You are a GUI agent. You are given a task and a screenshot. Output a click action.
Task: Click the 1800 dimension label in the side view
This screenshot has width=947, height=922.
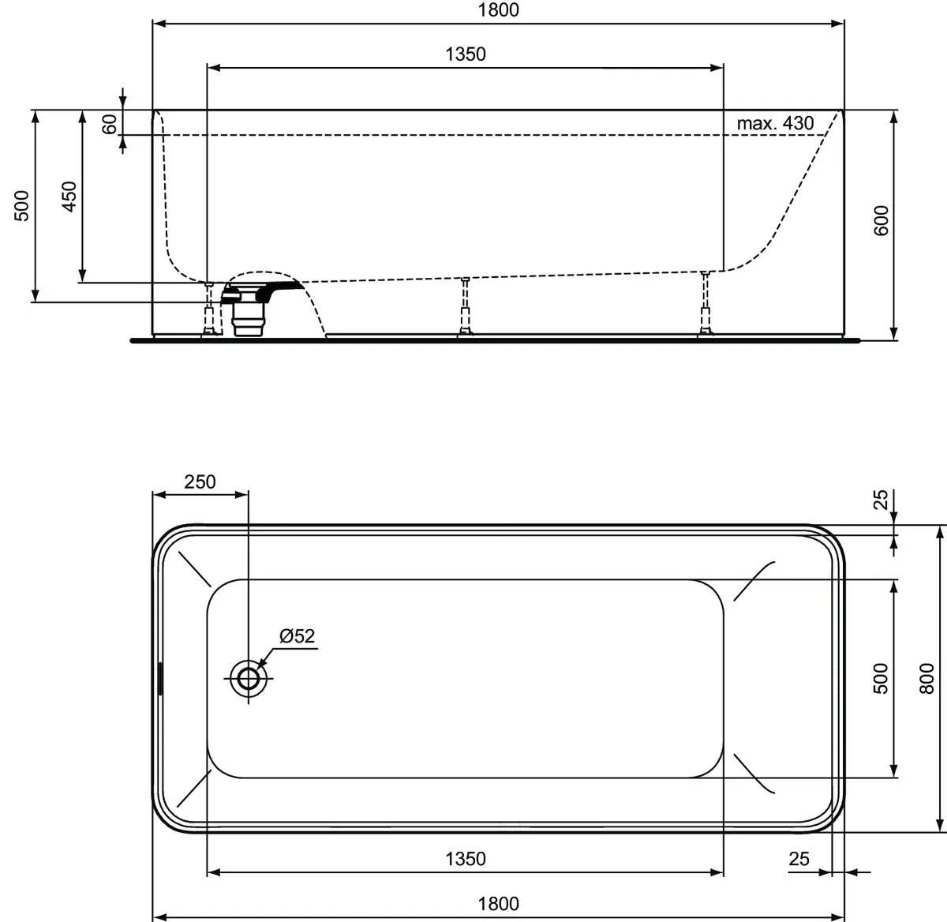pyautogui.click(x=498, y=10)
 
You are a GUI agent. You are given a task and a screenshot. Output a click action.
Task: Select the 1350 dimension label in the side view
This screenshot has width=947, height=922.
pyautogui.click(x=466, y=54)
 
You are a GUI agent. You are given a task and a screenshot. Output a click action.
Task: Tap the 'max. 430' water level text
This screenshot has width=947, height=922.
pyautogui.click(x=774, y=123)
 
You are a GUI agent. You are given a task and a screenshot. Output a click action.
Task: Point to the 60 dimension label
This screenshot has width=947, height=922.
pyautogui.click(x=110, y=123)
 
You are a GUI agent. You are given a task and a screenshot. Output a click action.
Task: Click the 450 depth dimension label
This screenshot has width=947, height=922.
pyautogui.click(x=69, y=196)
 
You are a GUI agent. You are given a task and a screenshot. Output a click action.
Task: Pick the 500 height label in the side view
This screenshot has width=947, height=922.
pyautogui.click(x=23, y=205)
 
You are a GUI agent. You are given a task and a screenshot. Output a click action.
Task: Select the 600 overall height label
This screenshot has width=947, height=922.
pyautogui.click(x=881, y=219)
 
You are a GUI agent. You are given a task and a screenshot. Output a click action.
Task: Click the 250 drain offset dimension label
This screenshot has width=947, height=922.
pyautogui.click(x=200, y=482)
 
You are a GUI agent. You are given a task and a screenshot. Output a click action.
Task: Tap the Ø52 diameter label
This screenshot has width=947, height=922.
pyautogui.click(x=297, y=635)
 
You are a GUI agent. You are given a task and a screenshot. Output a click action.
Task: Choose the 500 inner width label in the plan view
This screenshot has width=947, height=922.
pyautogui.click(x=881, y=678)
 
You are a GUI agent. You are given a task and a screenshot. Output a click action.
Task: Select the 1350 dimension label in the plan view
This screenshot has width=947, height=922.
pyautogui.click(x=466, y=858)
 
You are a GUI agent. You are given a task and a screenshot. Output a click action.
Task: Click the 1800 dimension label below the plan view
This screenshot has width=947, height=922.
pyautogui.click(x=498, y=904)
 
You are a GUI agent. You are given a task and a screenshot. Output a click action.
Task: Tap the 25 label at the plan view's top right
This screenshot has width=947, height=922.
pyautogui.click(x=881, y=499)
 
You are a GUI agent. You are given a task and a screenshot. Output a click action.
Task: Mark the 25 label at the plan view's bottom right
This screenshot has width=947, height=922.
pyautogui.click(x=799, y=858)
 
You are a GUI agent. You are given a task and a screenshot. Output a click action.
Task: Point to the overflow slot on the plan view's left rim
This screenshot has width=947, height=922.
pyautogui.click(x=160, y=679)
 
